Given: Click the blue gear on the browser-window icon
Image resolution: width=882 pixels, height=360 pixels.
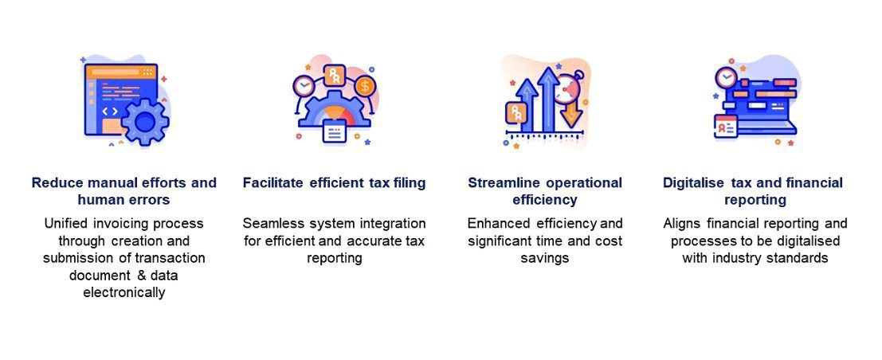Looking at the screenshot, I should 144,122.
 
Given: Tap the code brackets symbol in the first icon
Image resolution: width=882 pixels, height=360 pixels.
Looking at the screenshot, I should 110,112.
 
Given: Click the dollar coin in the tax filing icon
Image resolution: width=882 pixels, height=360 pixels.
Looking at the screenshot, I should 365,85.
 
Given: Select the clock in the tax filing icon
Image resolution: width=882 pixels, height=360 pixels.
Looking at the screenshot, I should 304,85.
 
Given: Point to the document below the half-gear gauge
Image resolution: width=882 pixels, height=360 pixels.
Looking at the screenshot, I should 334,132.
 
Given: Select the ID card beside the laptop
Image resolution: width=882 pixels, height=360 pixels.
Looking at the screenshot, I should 726,126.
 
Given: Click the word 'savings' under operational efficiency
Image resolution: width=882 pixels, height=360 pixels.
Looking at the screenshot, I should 545,258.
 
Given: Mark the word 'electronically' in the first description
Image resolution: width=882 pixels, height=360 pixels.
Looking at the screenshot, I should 124,292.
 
